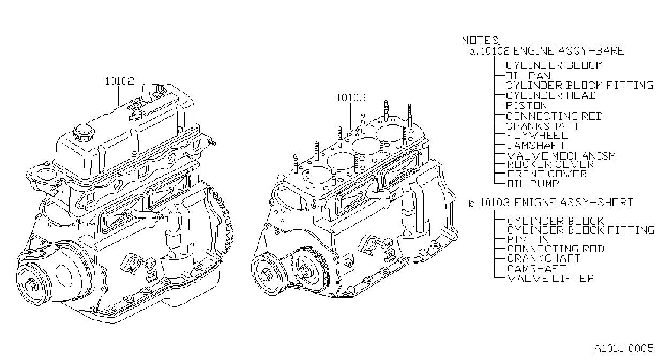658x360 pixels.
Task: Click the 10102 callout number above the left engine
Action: point(119,81)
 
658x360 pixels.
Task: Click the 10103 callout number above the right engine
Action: point(351,97)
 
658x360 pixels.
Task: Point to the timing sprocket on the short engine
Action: point(311,271)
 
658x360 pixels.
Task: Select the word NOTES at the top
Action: point(479,40)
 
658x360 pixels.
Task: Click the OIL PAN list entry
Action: point(528,76)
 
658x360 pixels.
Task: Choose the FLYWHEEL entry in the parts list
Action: point(537,136)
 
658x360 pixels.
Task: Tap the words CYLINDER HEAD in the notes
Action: point(551,95)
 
